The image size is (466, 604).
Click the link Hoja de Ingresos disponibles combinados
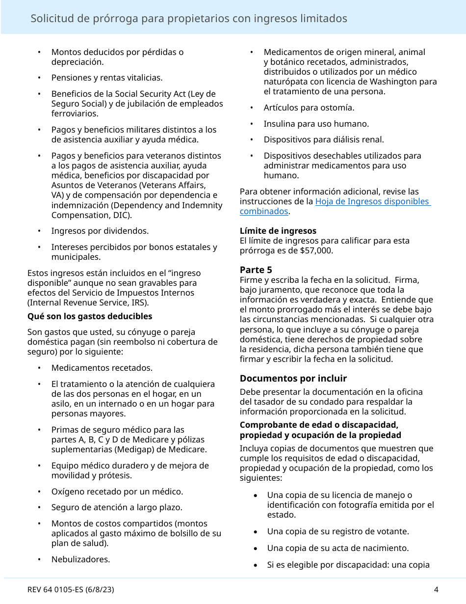tap(372, 202)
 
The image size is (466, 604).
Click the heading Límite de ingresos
tap(278, 231)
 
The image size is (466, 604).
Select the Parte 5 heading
tap(256, 270)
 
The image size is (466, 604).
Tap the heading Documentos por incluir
tap(293, 379)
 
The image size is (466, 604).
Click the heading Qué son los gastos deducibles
tap(90, 316)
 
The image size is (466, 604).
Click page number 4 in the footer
tap(436, 590)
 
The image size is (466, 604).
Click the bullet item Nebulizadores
tap(80, 559)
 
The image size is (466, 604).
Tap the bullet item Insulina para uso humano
tap(316, 124)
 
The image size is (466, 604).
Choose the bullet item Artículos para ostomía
tap(309, 108)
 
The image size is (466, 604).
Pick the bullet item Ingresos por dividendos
tap(100, 231)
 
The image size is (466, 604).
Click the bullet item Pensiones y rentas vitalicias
tap(107, 78)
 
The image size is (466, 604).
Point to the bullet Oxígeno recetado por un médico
tap(117, 492)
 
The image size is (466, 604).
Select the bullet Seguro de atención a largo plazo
tap(117, 507)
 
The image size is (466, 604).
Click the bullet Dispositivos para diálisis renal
tap(324, 139)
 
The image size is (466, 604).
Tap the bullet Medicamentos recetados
tap(102, 368)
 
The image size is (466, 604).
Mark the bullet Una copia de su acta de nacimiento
tap(337, 548)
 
